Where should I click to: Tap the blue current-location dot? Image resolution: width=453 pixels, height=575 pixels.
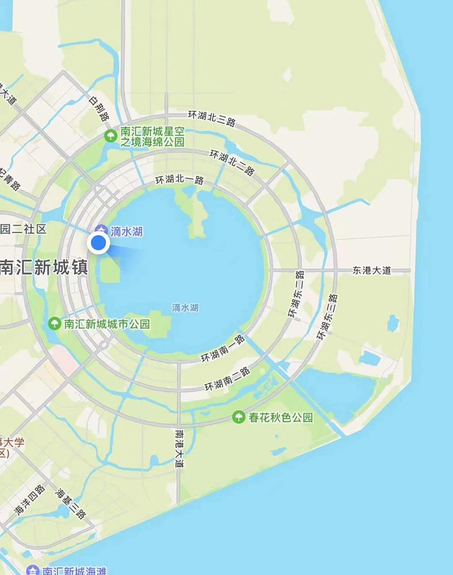coord(98,243)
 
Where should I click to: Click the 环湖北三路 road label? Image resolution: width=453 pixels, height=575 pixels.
coord(212,118)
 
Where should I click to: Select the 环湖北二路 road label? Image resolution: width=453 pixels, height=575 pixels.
coord(232,162)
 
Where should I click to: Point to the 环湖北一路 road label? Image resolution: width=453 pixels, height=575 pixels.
coord(179,180)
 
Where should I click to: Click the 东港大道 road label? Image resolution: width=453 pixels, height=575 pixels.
coord(372,270)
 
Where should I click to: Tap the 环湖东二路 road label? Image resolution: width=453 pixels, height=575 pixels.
coord(297,295)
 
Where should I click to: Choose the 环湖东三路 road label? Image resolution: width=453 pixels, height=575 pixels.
coord(327,317)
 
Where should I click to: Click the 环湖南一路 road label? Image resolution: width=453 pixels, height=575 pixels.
coord(222,349)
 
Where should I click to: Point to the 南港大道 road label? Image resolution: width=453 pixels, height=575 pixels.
coord(179,449)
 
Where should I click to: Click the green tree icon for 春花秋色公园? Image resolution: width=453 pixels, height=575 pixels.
coord(238,417)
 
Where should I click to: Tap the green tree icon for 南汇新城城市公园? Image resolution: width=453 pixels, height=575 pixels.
coord(54,323)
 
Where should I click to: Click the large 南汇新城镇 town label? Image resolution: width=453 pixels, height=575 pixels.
coord(44,267)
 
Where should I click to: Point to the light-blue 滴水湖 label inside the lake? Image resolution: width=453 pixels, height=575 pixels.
coord(185,308)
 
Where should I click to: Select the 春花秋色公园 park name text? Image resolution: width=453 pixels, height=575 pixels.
coord(280,417)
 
